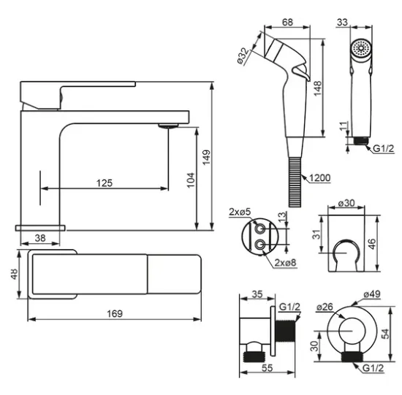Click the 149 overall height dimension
(206, 157)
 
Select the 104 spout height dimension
(191, 180)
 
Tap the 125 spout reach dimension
(105, 183)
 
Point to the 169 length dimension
(115, 313)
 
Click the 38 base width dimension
(40, 238)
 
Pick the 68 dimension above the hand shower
(287, 22)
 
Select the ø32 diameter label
(243, 56)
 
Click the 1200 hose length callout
(319, 177)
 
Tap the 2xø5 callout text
(240, 212)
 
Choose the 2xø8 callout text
(285, 263)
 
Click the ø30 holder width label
(346, 203)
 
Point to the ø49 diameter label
(372, 294)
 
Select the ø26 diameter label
(325, 307)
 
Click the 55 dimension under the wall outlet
(267, 368)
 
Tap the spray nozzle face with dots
(361, 48)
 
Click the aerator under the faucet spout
(168, 126)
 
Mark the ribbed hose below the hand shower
(295, 182)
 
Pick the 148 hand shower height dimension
(318, 88)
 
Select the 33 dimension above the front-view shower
(342, 22)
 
